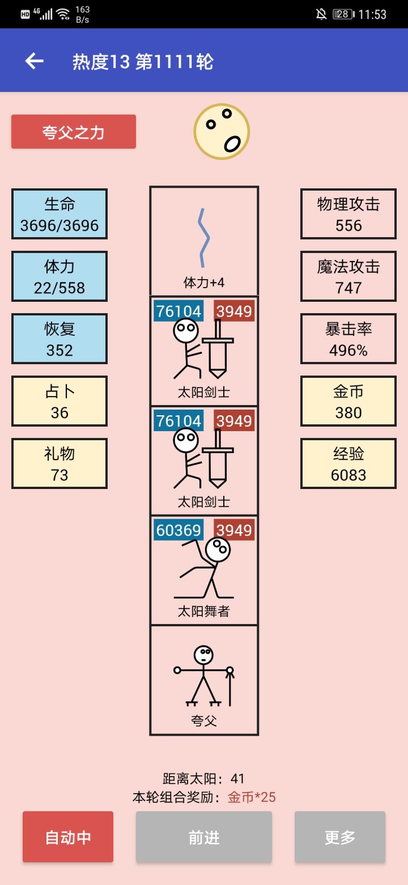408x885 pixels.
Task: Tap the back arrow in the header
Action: pos(35,61)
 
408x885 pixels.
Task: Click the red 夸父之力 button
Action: pos(74,132)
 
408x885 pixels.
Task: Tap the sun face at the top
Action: pos(222,132)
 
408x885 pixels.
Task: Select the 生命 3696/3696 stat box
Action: pos(59,214)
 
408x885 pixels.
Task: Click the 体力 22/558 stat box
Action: pos(59,276)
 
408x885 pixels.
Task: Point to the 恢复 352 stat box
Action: pos(59,339)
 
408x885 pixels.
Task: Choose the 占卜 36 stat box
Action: pos(59,401)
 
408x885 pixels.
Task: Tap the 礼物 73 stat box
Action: pos(59,463)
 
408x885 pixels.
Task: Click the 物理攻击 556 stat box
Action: pos(348,214)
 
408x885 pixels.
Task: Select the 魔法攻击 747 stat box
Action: pos(348,276)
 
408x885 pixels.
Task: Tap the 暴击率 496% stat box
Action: pos(348,339)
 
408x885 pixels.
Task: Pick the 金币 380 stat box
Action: pos(348,401)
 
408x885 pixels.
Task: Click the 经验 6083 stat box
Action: pos(348,463)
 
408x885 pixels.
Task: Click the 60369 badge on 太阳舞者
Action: pos(178,530)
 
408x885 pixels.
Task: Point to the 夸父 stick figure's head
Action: pos(203,655)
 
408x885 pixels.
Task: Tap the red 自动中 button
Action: pos(68,837)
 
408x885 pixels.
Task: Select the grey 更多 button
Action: pos(340,837)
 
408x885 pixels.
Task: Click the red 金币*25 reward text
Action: pos(252,797)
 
